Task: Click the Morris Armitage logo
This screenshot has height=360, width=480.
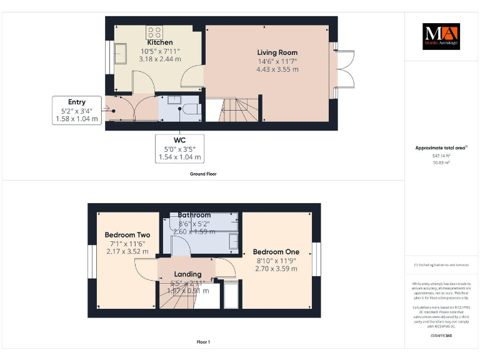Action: (x=441, y=37)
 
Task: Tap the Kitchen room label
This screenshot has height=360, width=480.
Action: (x=156, y=42)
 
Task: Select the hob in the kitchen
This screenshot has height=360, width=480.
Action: (x=154, y=32)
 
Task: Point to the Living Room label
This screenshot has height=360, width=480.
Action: (x=277, y=52)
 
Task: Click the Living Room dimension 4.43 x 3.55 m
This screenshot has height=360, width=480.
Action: (x=277, y=69)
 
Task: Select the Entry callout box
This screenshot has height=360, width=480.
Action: (x=77, y=110)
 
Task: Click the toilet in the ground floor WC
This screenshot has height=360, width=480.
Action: (x=191, y=109)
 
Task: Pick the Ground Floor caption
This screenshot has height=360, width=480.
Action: (x=203, y=174)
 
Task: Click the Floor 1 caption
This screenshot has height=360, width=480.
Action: (x=203, y=342)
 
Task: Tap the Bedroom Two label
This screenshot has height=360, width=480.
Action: (x=127, y=235)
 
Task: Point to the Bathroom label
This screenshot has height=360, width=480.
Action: (x=194, y=215)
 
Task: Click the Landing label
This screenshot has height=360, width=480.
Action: (x=187, y=274)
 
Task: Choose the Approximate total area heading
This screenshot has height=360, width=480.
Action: (x=441, y=147)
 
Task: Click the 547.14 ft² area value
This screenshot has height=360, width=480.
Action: (x=441, y=156)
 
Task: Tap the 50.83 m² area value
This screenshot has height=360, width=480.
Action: (x=441, y=162)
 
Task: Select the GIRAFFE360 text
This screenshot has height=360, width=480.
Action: (x=441, y=336)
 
